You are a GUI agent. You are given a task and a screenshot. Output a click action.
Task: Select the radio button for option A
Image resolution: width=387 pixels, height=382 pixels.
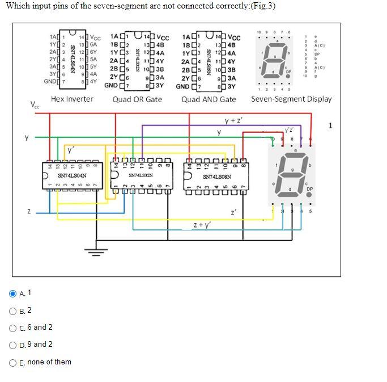13,293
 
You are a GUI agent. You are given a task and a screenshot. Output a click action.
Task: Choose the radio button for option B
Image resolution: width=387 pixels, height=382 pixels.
13,310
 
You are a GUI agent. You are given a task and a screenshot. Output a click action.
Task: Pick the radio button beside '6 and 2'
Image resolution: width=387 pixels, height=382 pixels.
13,328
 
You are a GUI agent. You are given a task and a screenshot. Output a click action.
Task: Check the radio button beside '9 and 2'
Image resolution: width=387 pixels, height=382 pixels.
13,345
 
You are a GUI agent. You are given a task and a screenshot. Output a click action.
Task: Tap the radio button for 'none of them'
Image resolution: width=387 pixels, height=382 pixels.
13,362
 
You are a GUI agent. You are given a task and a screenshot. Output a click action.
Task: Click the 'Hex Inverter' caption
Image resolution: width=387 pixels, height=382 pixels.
72,99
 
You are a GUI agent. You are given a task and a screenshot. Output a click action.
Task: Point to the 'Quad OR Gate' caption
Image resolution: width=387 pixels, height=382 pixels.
137,99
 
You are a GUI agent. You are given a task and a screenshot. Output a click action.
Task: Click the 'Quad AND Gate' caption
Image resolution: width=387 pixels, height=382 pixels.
209,99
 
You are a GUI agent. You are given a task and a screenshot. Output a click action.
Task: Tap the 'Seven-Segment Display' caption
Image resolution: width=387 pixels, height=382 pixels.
291,99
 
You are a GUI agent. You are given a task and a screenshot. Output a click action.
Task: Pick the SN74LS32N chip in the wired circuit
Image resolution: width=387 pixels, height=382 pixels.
141,177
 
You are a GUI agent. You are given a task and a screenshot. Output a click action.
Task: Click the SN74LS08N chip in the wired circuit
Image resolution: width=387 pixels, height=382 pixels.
216,177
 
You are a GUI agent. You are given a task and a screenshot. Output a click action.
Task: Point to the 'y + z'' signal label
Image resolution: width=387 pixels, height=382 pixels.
234,120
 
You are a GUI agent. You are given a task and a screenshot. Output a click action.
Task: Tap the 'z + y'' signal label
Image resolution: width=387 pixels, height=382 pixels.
202,225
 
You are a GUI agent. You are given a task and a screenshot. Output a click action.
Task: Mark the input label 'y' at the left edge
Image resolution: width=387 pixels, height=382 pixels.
26,136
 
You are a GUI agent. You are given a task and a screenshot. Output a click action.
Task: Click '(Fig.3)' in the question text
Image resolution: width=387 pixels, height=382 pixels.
263,6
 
